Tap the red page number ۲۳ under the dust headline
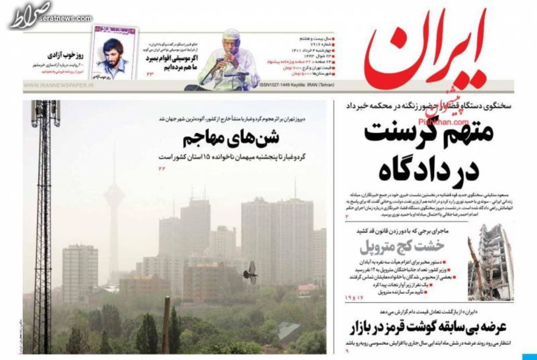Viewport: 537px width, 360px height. coord(161,167)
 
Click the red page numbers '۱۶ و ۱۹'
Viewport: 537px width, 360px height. coord(352,297)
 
